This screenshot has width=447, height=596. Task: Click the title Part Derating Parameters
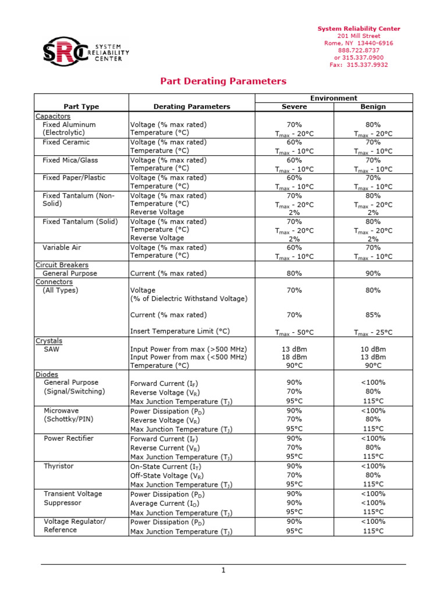pyautogui.click(x=223, y=81)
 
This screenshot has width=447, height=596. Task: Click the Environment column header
pyautogui.click(x=334, y=98)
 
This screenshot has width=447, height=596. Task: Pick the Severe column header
pyautogui.click(x=294, y=107)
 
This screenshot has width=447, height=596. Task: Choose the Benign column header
pyautogui.click(x=373, y=107)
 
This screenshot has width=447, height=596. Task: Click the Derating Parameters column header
pyautogui.click(x=191, y=107)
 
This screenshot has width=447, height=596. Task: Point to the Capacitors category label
pyautogui.click(x=53, y=116)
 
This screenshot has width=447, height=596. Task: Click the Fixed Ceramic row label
pyautogui.click(x=66, y=142)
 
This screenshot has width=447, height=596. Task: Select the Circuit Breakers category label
pyautogui.click(x=62, y=265)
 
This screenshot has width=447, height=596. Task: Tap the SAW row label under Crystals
pyautogui.click(x=51, y=349)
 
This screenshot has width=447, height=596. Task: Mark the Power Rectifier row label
pyautogui.click(x=69, y=438)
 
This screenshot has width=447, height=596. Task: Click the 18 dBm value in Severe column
pyautogui.click(x=294, y=357)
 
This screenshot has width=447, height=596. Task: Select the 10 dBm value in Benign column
pyautogui.click(x=373, y=349)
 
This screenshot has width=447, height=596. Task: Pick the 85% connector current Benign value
pyautogui.click(x=373, y=315)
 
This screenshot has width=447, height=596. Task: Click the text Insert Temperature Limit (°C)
pyautogui.click(x=180, y=331)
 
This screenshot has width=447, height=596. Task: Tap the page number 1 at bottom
pyautogui.click(x=223, y=570)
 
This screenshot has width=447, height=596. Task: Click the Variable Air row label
pyautogui.click(x=62, y=247)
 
